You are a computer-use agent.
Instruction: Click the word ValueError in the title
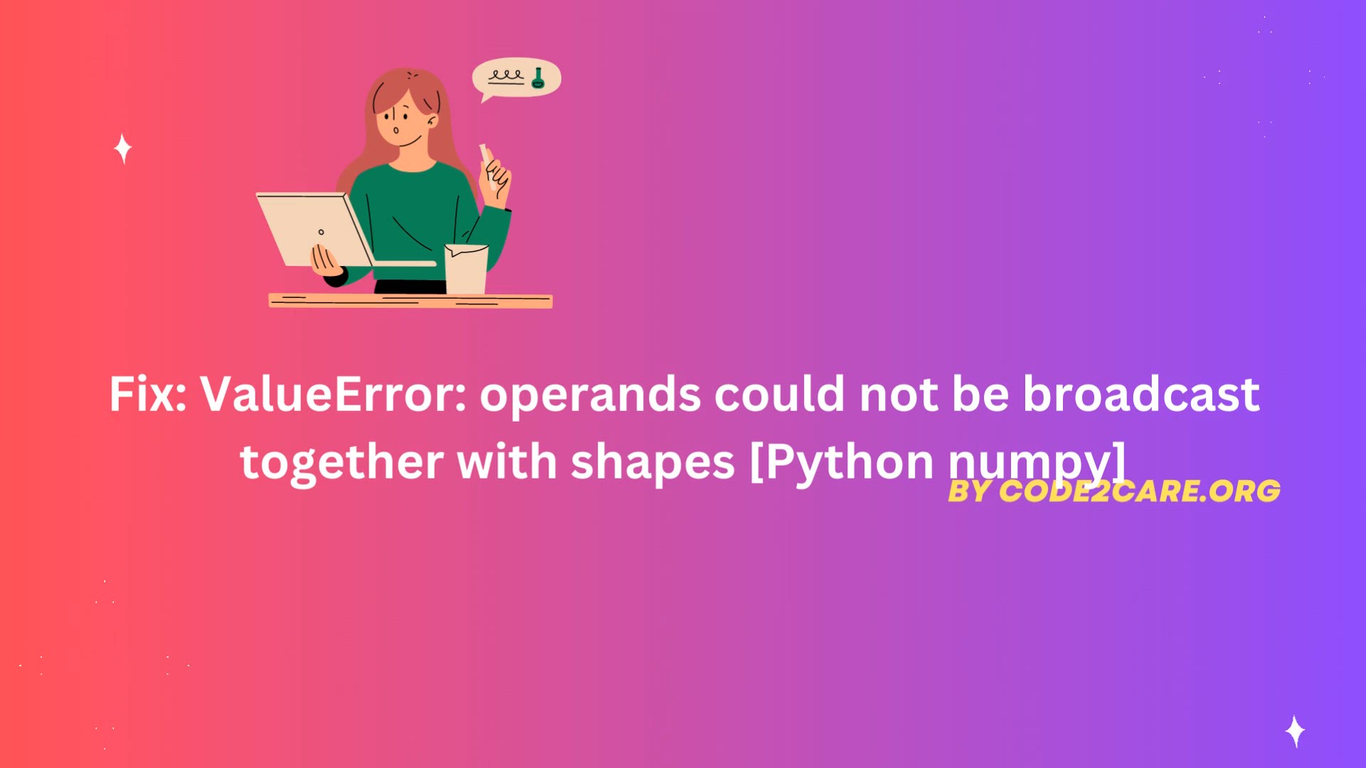coord(333,394)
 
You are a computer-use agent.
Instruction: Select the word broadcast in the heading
coord(1141,393)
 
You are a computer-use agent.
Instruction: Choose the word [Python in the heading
coord(842,462)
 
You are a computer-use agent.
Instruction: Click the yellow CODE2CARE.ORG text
coord(1139,491)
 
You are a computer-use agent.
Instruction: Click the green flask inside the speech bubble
coord(538,78)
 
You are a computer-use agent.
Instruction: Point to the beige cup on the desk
coord(466,268)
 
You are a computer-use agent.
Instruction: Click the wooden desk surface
coord(411,301)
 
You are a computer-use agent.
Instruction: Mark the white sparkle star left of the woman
coord(123,149)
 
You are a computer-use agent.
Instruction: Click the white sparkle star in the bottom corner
coord(1295,731)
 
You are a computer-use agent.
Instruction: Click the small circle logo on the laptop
coord(321,232)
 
